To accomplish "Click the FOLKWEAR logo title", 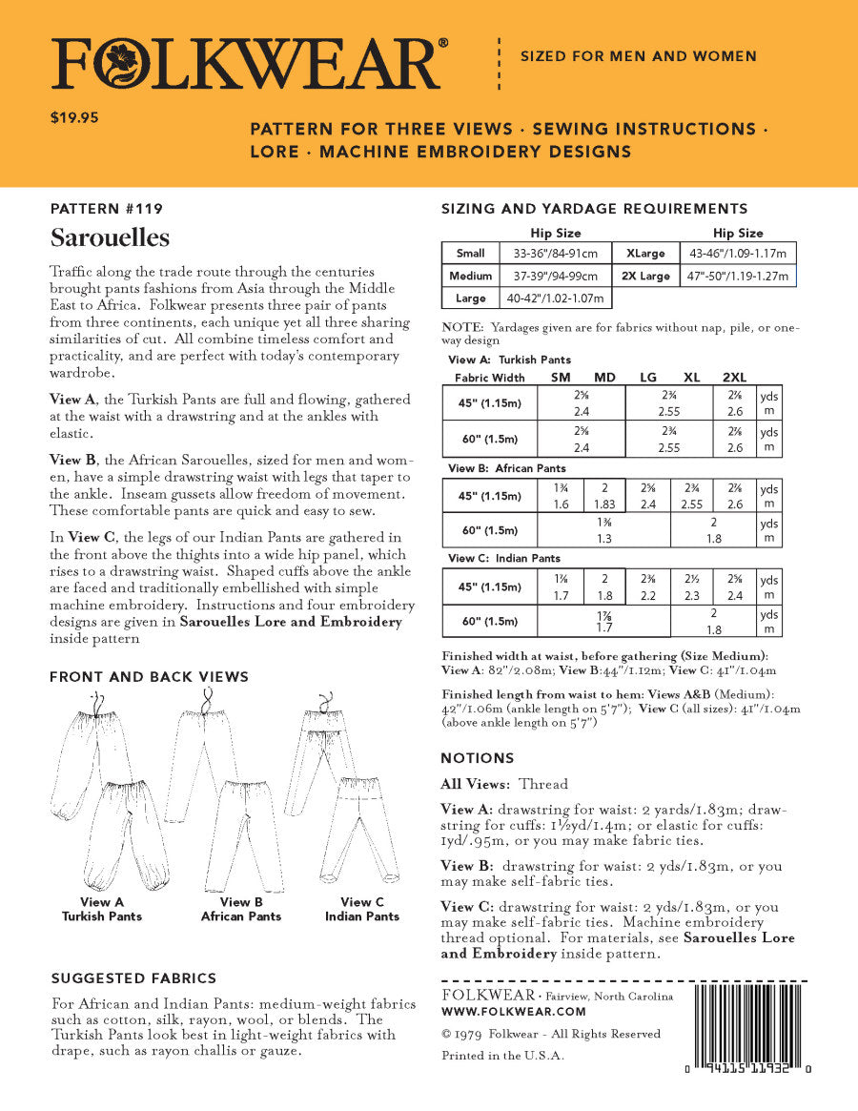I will (x=246, y=64).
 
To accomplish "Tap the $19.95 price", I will (x=74, y=119).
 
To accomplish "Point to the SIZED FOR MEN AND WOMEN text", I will (x=638, y=56).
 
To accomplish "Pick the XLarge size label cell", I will (x=645, y=254).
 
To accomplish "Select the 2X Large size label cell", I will (x=645, y=277).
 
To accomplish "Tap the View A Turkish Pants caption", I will (x=102, y=909).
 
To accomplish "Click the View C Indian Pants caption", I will (x=361, y=909).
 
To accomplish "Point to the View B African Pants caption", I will (x=240, y=909).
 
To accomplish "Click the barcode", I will (x=748, y=1025).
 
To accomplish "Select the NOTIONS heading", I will (x=477, y=758).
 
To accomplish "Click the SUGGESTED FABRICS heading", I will (x=133, y=978).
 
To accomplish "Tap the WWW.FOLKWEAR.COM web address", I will (x=513, y=1011).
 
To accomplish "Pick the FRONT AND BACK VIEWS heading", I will (x=149, y=677).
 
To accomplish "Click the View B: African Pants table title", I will (x=506, y=468).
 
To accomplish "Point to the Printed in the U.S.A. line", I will (x=502, y=1056).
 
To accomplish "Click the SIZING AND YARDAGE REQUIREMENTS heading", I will (x=593, y=209).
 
